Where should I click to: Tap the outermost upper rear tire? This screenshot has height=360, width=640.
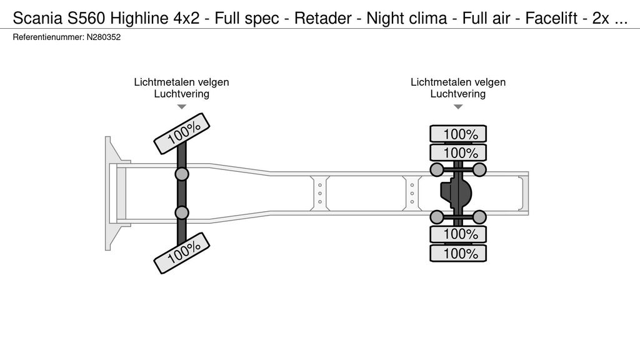pos(458,133)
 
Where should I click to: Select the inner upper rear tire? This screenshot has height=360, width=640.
pos(458,152)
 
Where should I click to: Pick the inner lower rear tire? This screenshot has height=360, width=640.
pos(458,234)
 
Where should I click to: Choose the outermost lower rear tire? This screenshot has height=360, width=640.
pos(458,253)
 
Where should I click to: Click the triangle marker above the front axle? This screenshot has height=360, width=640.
pos(182,107)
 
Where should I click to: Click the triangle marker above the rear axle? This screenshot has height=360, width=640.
pos(458,107)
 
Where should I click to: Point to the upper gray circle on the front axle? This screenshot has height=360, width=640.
pos(182,174)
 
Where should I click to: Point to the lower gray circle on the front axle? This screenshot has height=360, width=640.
pos(182,213)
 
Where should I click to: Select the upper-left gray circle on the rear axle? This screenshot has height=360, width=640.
pos(437,169)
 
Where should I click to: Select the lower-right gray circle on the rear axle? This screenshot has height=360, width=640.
pos(479,217)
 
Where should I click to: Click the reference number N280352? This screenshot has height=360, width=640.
pos(103,37)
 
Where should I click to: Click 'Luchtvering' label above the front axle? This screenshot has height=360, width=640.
pos(182,94)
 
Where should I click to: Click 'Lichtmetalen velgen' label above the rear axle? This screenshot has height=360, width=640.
pos(458,82)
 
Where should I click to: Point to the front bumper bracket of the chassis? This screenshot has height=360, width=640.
pos(113,193)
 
